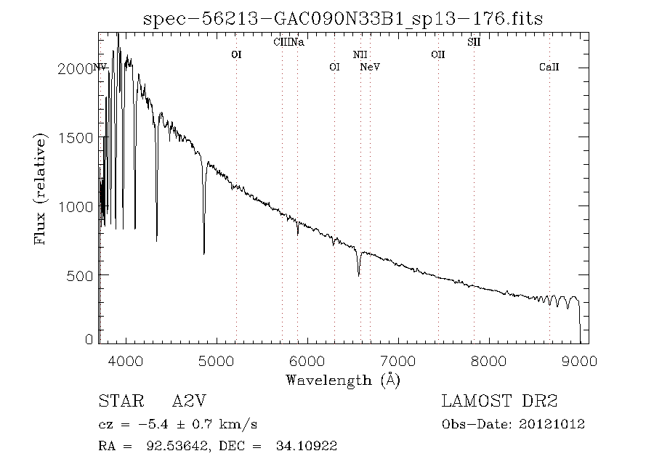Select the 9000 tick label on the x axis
pyautogui.click(x=579, y=361)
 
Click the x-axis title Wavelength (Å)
pyautogui.click(x=343, y=380)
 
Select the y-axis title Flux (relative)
pyautogui.click(x=42, y=189)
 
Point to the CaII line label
pyautogui.click(x=549, y=68)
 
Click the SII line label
pyautogui.click(x=474, y=42)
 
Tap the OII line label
pyautogui.click(x=437, y=54)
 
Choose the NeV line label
pyautogui.click(x=371, y=68)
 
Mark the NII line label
pyautogui.click(x=360, y=54)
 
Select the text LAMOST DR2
pyautogui.click(x=499, y=402)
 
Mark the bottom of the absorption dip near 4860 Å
pyautogui.click(x=203, y=253)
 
